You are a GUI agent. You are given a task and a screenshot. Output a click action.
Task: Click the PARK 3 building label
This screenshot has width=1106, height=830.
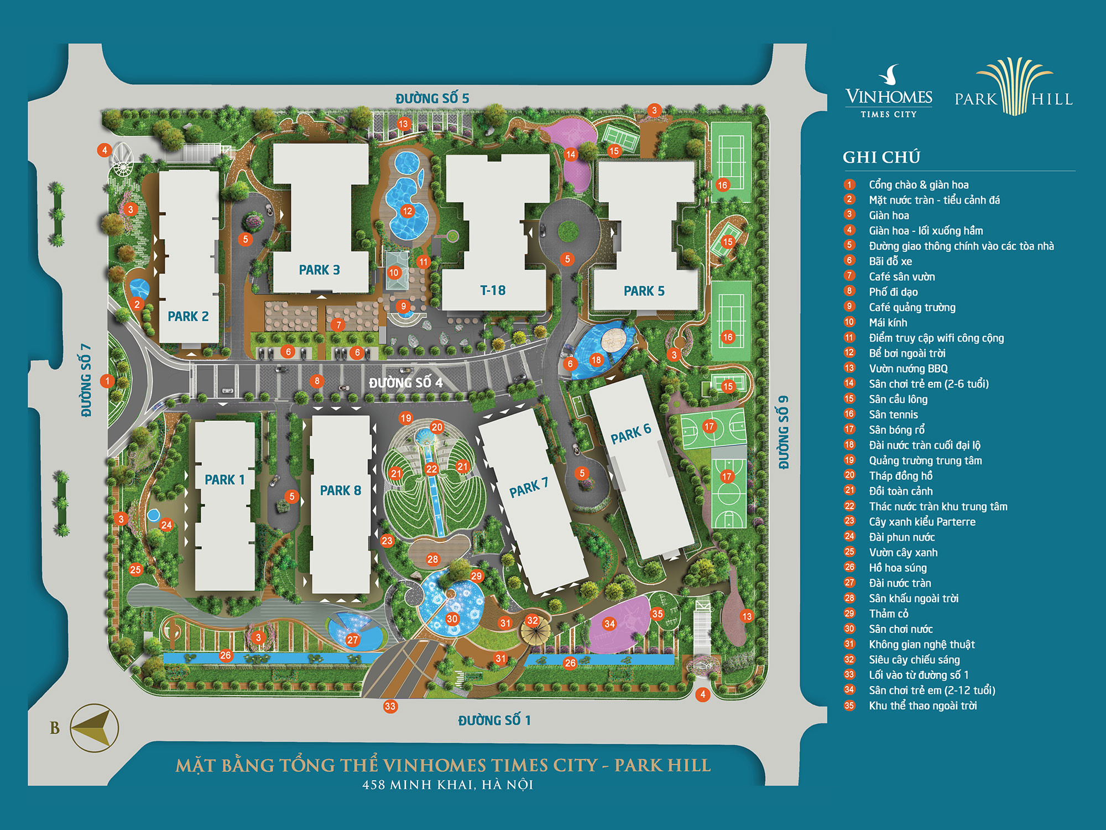pyautogui.click(x=319, y=270)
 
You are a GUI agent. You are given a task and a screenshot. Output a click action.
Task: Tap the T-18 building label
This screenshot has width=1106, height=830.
pyautogui.click(x=493, y=290)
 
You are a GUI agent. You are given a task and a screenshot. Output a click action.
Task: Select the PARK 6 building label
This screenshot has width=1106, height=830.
pyautogui.click(x=630, y=434)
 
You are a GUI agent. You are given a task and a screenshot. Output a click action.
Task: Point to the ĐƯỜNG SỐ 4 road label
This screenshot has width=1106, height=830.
pyautogui.click(x=405, y=383)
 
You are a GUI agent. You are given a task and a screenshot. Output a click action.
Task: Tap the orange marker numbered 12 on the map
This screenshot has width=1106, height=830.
pyautogui.click(x=408, y=211)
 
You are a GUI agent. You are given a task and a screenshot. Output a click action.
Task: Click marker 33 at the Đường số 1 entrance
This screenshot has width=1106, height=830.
pyautogui.click(x=390, y=706)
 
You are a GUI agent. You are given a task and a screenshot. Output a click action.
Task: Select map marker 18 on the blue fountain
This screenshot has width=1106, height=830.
pyautogui.click(x=596, y=360)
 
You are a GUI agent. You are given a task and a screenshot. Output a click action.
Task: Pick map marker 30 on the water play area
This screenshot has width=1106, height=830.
pyautogui.click(x=452, y=619)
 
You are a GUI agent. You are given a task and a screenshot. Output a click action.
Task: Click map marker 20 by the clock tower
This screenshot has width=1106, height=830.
pyautogui.click(x=437, y=427)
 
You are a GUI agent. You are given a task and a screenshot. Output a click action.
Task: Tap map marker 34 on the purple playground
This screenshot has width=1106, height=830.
pyautogui.click(x=609, y=624)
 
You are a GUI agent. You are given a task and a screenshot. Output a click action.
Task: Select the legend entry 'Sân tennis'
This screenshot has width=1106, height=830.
pyautogui.click(x=893, y=414)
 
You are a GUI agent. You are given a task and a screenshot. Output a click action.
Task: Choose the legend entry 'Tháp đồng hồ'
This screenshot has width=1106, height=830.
pyautogui.click(x=900, y=476)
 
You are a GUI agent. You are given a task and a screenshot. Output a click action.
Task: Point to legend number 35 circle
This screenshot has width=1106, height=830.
pyautogui.click(x=849, y=705)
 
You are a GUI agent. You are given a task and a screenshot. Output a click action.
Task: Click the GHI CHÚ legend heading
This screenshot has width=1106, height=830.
pyautogui.click(x=881, y=157)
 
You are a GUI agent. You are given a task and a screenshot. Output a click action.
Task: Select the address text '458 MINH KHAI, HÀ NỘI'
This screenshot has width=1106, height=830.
pyautogui.click(x=447, y=785)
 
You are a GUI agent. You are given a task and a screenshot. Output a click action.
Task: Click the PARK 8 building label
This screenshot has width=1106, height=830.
pyautogui.click(x=340, y=490)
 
